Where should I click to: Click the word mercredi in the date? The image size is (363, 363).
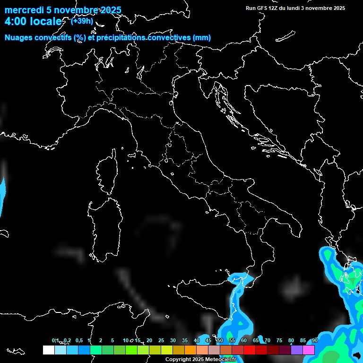point(24,10)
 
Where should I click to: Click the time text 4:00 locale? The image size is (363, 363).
point(33,22)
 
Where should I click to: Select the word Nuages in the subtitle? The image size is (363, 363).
point(19,38)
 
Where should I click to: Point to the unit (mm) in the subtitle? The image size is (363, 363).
point(201,38)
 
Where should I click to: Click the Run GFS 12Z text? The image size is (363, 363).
point(262,8)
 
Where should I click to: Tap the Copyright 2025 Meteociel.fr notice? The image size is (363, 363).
point(200,359)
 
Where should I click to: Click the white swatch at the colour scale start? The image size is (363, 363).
point(48,350)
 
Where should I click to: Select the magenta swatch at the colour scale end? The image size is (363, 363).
point(309,350)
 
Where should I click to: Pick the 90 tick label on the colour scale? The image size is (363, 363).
point(314,340)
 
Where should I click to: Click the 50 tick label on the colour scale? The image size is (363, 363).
point(220,340)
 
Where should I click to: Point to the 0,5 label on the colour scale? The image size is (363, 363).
point(78,340)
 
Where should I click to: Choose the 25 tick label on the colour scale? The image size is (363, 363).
point(161,340)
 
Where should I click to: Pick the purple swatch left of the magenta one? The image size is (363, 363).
point(297,350)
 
